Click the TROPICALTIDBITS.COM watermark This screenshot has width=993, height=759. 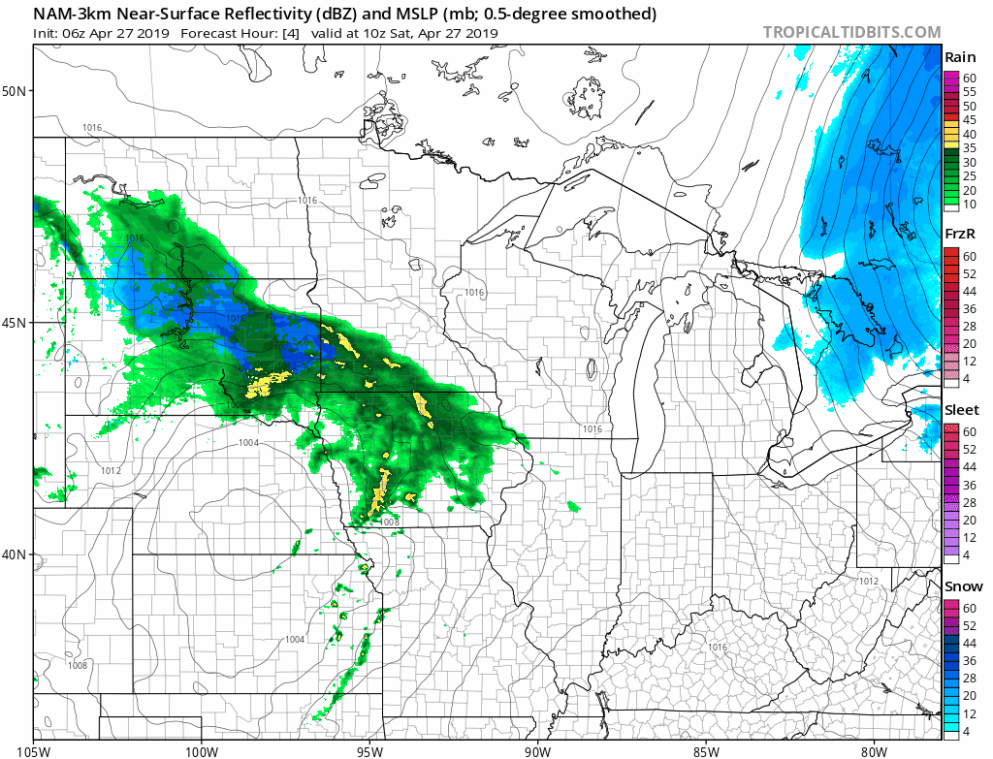point(851,32)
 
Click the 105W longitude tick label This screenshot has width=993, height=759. point(34,748)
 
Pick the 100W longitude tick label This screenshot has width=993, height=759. point(202,748)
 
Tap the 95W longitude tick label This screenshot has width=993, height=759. point(369,748)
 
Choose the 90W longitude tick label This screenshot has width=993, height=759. point(537,748)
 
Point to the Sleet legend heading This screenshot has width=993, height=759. point(962,411)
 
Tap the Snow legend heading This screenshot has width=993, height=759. point(962,586)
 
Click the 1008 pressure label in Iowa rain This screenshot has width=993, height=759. point(390,522)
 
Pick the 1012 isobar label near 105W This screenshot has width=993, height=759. point(111,471)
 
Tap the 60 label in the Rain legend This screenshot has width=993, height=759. point(968,78)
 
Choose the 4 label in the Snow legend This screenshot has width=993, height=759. point(966,731)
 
